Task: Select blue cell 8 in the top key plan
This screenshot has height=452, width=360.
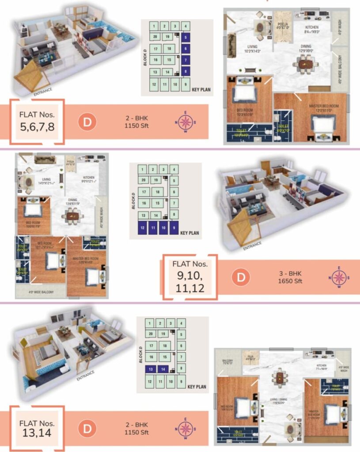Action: point(186,71)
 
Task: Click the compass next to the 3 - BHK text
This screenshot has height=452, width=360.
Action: point(339,277)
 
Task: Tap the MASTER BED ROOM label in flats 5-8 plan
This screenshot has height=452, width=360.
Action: point(324,106)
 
